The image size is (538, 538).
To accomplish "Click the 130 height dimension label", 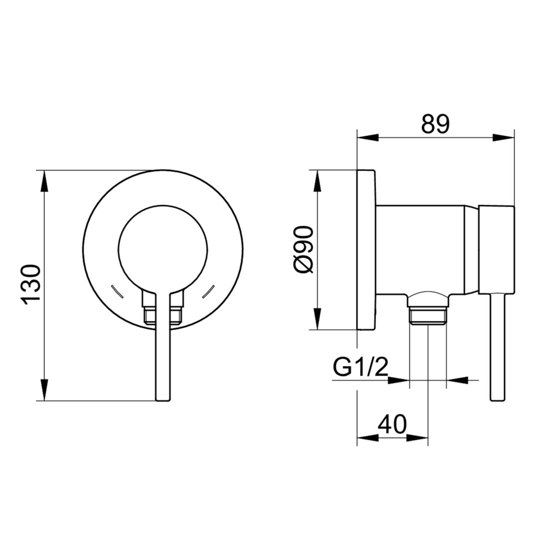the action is pos(31,284).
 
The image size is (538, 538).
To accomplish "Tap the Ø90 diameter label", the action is pos(304,250).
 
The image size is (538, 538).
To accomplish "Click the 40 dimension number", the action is pos(392,424).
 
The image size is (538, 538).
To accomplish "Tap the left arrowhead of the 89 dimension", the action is pos(368,138).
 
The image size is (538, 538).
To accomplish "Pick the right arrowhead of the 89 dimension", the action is pos(504,138).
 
